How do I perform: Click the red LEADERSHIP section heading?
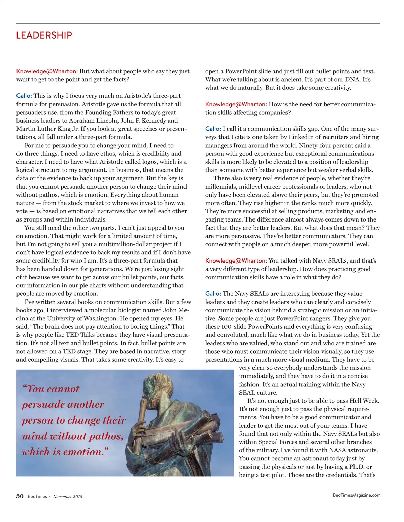[x=44, y=35]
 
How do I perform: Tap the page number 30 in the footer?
[x=20, y=496]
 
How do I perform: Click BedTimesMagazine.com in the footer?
[x=357, y=495]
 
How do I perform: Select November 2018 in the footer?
[x=68, y=497]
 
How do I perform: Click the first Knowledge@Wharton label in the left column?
[x=47, y=71]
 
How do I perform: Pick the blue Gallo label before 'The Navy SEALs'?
[x=213, y=294]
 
